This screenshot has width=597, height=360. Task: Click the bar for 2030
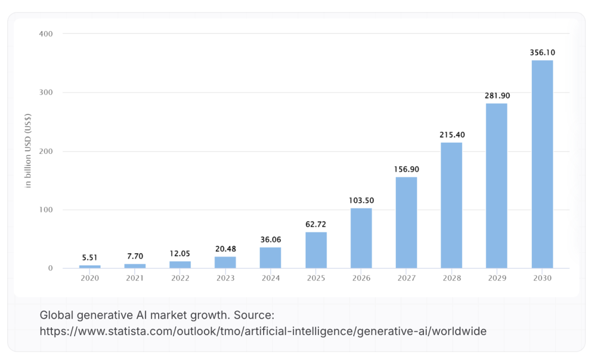[x=542, y=164]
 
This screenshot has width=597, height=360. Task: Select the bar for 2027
[x=406, y=222]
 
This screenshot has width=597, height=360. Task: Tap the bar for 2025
[x=316, y=250]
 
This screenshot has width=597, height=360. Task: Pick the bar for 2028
[x=451, y=205]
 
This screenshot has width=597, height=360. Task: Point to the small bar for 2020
[x=90, y=267]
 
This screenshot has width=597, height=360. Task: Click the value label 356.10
[x=542, y=53]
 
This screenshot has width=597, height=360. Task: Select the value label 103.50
[x=361, y=200]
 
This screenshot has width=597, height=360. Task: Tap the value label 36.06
[x=270, y=239]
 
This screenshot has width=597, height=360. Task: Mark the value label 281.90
[x=496, y=96]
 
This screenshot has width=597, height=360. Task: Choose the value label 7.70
[x=135, y=256]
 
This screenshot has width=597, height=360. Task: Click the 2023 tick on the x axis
[x=225, y=278]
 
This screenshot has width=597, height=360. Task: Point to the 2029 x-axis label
[x=496, y=278]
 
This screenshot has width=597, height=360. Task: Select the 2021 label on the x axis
[x=135, y=278]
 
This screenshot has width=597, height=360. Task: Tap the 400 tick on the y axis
[x=46, y=34]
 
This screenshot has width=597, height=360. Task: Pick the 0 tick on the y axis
[x=50, y=268]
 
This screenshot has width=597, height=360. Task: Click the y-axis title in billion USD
[x=29, y=151]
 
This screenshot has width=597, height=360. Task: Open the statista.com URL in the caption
[x=263, y=331]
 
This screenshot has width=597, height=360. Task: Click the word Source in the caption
[x=253, y=315]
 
